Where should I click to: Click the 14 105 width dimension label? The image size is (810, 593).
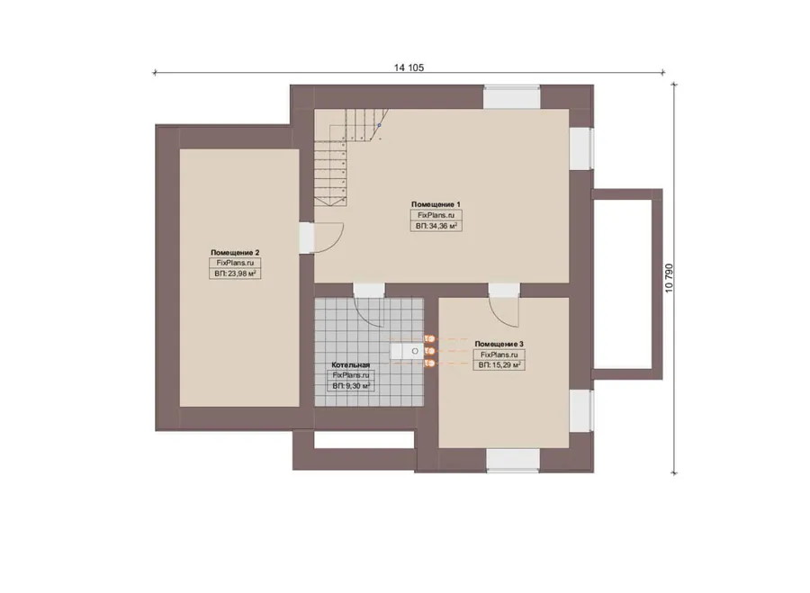click(x=409, y=67)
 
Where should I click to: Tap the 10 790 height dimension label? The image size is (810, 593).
click(x=669, y=278)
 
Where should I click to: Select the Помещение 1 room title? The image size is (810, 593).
click(x=436, y=204)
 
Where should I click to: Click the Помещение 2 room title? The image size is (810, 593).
click(x=235, y=253)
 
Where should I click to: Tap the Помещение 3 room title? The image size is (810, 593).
click(x=499, y=344)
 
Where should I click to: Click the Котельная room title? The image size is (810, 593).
click(x=350, y=365)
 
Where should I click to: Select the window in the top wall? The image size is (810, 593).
click(x=511, y=97)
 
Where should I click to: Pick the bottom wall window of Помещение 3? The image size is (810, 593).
click(x=512, y=460)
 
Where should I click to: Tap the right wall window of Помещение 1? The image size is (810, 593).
click(x=581, y=148)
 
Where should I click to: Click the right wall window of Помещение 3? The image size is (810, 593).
click(x=581, y=410)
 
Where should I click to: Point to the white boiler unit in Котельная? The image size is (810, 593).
click(x=407, y=351)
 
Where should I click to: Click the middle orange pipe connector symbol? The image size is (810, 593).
click(x=429, y=351)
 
